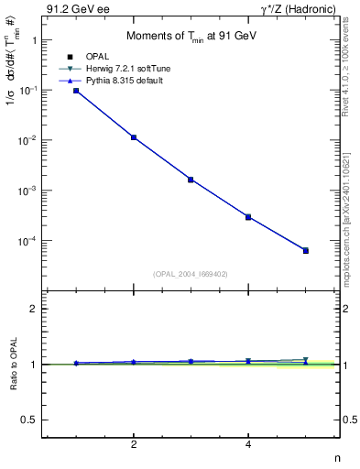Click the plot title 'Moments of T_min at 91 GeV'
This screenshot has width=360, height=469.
click(190, 36)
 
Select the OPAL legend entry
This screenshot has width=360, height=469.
click(96, 57)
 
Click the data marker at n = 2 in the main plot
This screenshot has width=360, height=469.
click(134, 137)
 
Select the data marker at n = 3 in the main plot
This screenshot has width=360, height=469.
click(191, 180)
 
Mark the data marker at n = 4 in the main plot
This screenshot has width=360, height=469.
click(248, 217)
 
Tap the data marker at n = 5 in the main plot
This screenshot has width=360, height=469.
click(306, 250)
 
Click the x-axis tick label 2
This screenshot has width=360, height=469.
click(134, 444)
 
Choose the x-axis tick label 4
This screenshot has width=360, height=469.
click(248, 444)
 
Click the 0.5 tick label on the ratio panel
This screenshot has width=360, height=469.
click(29, 420)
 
